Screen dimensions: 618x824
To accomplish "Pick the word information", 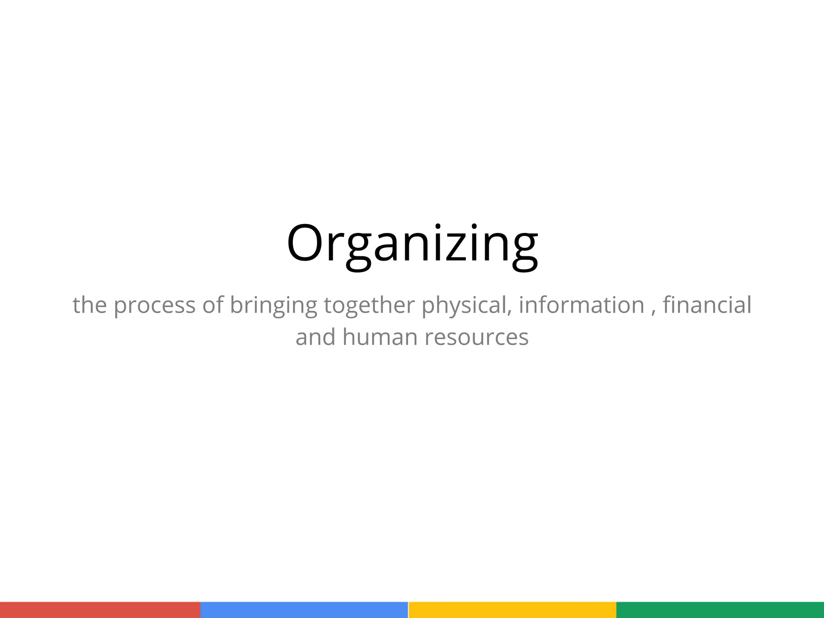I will click(x=581, y=305).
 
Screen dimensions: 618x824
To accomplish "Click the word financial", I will click(x=707, y=305).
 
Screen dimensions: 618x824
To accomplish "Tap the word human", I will click(x=380, y=337).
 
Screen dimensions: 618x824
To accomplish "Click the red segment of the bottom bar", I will click(x=100, y=610).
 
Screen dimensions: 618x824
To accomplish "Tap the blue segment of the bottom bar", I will click(x=304, y=610).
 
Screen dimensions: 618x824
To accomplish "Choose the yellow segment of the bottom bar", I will click(x=512, y=610).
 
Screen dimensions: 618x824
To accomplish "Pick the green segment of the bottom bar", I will click(x=720, y=610).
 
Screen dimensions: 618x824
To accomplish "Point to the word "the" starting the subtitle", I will click(x=90, y=305).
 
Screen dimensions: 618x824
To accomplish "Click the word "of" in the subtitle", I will click(x=212, y=305).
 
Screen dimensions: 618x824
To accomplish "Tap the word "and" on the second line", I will click(x=315, y=337).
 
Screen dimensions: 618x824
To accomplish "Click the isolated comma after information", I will click(x=652, y=312).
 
